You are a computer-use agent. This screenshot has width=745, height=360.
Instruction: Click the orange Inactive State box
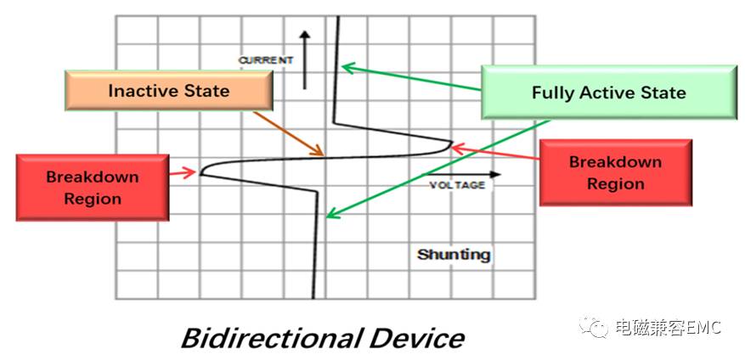(169, 90)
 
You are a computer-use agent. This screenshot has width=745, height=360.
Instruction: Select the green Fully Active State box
(608, 93)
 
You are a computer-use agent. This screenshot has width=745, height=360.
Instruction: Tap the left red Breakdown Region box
(93, 188)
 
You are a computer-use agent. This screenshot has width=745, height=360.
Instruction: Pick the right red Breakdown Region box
(616, 172)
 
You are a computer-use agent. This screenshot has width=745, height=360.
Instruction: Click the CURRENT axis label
(266, 60)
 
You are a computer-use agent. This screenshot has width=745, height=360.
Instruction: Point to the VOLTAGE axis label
(457, 185)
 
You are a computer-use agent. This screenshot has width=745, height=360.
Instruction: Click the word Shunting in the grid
(454, 255)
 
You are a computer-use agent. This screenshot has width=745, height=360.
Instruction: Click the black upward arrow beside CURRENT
(305, 59)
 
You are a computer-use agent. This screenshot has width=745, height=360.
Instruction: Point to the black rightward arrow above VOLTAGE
(462, 175)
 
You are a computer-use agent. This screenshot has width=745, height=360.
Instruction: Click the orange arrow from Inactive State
(289, 134)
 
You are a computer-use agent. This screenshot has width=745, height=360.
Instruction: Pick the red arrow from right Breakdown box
(494, 153)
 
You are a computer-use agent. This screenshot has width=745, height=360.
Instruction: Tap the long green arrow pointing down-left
(437, 169)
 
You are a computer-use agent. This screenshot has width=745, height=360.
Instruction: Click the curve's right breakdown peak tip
(451, 142)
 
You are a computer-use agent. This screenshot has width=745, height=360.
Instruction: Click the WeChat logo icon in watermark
(594, 327)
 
